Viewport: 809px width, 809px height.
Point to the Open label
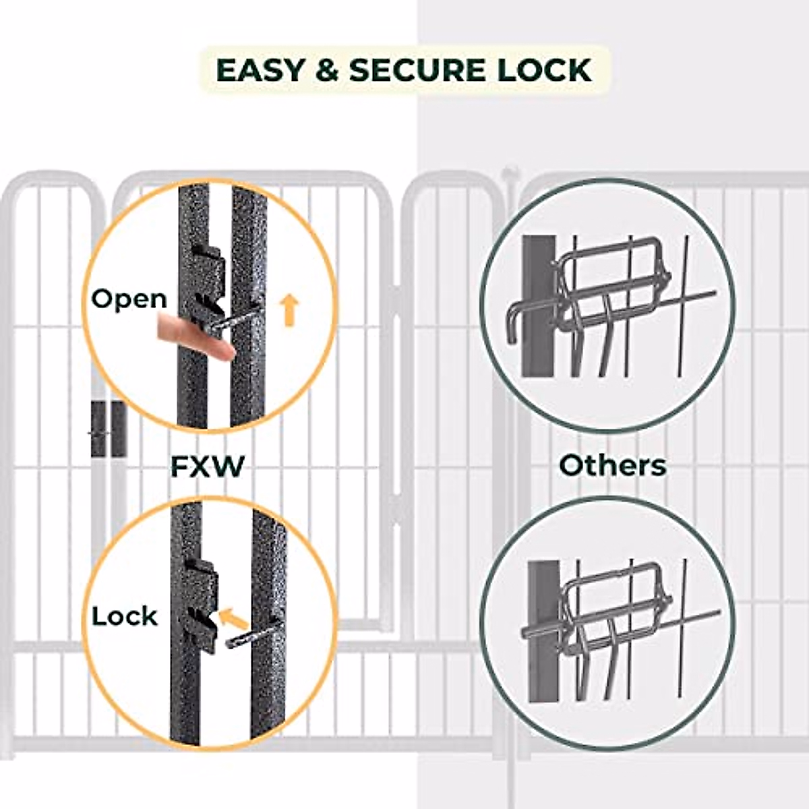(129, 299)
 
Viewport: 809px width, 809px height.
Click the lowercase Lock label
(125, 616)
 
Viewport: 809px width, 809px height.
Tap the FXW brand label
(207, 467)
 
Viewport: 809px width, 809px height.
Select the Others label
(613, 465)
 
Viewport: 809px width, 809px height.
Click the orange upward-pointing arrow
(289, 309)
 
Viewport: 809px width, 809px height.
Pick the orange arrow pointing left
(232, 618)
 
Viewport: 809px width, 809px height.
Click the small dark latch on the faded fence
(108, 429)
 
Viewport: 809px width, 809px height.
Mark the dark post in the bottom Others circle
(542, 634)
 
